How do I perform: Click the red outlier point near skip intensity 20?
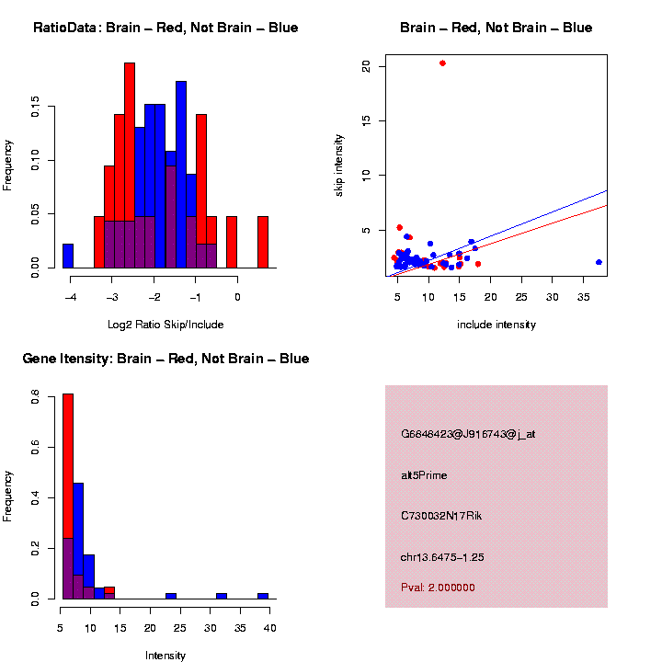pyautogui.click(x=442, y=63)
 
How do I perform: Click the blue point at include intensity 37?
pyautogui.click(x=599, y=262)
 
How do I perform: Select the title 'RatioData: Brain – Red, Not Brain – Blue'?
pyautogui.click(x=165, y=28)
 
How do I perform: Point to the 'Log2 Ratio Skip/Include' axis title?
pyautogui.click(x=165, y=324)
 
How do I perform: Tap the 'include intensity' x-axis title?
pyautogui.click(x=496, y=325)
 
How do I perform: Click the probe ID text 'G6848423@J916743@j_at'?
pyautogui.click(x=468, y=434)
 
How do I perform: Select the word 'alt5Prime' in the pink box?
pyautogui.click(x=425, y=475)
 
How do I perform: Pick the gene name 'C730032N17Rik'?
pyautogui.click(x=441, y=516)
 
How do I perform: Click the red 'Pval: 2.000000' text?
pyautogui.click(x=438, y=588)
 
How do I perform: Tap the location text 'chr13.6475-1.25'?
pyautogui.click(x=442, y=557)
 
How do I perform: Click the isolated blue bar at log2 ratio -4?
pyautogui.click(x=68, y=256)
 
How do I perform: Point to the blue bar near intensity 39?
pyautogui.click(x=263, y=596)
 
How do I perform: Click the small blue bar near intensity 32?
pyautogui.click(x=222, y=596)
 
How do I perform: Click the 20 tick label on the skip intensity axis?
pyautogui.click(x=366, y=66)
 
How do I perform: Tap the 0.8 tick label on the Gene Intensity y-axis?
pyautogui.click(x=34, y=397)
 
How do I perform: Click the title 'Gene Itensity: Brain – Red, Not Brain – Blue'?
pyautogui.click(x=165, y=359)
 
